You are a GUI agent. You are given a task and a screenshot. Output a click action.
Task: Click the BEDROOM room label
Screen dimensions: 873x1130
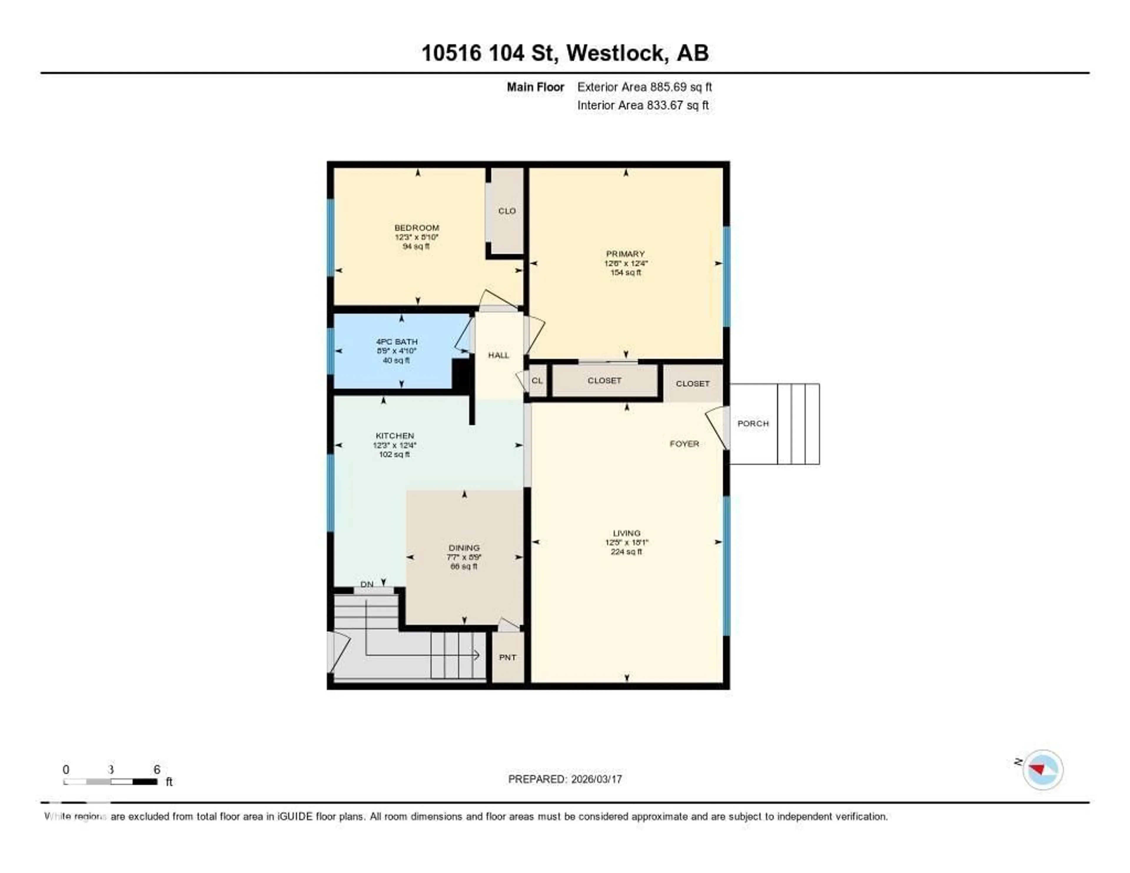pos(416,228)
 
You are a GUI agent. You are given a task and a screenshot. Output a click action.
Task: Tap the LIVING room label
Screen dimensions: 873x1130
pos(626,533)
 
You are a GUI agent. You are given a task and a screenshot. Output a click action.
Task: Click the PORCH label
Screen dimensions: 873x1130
pos(753,423)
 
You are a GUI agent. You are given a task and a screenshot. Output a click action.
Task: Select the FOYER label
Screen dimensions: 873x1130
pos(684,444)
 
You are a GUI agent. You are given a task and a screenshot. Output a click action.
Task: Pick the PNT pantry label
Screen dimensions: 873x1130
pos(507,657)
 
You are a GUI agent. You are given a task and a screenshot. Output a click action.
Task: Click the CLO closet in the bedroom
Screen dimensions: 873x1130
pos(506,211)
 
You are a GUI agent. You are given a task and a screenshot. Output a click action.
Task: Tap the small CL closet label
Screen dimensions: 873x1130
pos(537,380)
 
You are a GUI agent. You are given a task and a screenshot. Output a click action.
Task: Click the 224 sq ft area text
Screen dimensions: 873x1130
pos(626,552)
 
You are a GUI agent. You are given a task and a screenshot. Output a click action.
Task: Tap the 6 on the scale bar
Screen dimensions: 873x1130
pos(157,769)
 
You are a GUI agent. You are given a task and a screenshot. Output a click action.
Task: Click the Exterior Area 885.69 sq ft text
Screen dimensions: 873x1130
pos(644,87)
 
